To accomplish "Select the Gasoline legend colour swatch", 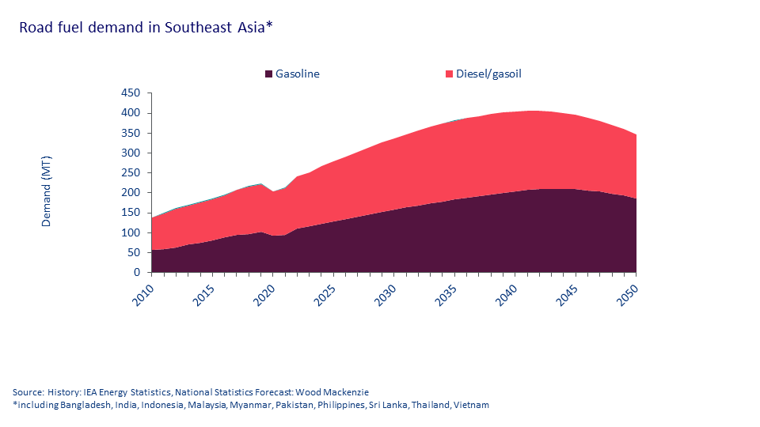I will [269, 74].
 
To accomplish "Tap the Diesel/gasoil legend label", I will [488, 74].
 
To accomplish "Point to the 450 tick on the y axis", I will [131, 93].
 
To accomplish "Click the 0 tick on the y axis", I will [137, 273].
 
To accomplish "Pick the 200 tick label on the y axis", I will [131, 193].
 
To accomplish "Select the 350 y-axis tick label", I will [131, 133].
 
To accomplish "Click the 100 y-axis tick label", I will [131, 233].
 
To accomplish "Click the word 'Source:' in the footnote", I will [28, 392].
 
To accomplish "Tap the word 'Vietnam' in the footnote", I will [472, 405].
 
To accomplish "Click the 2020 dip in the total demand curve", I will [272, 191].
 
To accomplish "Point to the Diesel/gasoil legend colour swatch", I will [450, 74].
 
